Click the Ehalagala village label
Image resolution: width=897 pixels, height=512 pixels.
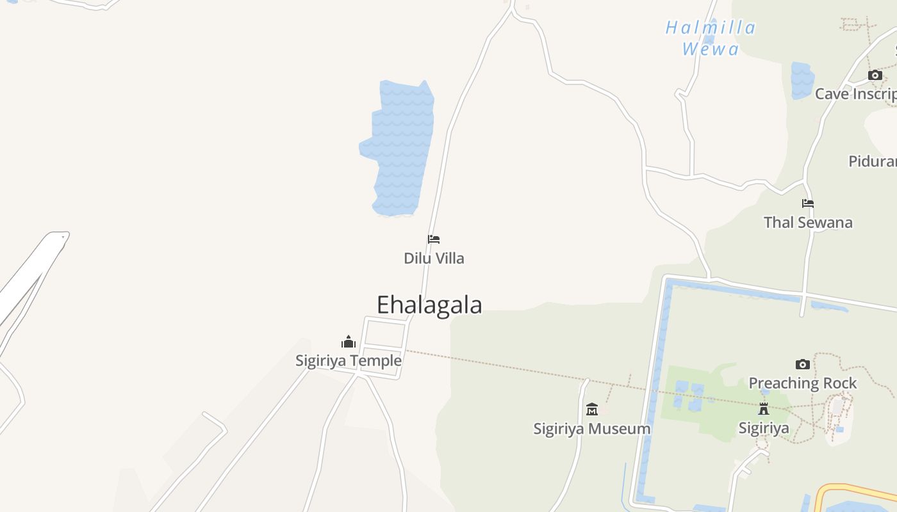pos(429,305)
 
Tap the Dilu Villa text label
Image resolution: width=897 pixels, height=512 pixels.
pos(434,259)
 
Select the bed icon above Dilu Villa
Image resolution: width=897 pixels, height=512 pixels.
pos(434,239)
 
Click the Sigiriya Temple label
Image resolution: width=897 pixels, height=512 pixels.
pos(349,361)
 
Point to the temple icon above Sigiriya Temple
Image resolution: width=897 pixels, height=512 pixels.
pos(349,342)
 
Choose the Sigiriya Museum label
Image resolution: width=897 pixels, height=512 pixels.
pos(592,429)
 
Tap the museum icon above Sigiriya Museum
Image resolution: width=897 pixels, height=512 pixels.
pos(592,409)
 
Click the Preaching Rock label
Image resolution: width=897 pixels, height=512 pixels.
pos(802,383)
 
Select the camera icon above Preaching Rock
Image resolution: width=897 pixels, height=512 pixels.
pos(802,364)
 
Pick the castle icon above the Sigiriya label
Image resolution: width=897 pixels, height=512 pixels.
pos(763,408)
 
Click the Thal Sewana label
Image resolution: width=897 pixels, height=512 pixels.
pos(808,223)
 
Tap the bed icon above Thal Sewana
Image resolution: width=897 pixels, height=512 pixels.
pos(808,204)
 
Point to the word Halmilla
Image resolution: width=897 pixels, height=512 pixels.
pos(711,28)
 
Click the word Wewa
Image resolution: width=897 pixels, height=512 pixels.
pos(711,49)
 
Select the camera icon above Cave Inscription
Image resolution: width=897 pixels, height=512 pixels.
pos(875,75)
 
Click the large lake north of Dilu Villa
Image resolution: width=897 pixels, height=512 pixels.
pos(400,147)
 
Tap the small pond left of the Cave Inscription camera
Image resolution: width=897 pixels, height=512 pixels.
pos(802,80)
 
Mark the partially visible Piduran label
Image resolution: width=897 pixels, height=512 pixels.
pos(873,161)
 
